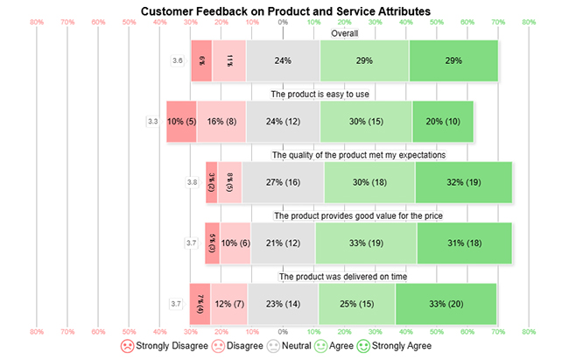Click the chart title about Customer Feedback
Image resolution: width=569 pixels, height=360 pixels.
(285, 10)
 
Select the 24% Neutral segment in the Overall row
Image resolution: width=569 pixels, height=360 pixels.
(283, 61)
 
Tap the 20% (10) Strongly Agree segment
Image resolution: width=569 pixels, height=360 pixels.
(443, 121)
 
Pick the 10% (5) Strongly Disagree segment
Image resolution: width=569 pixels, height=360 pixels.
(181, 121)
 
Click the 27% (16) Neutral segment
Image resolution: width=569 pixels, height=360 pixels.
(283, 182)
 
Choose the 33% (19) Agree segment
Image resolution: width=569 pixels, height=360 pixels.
(366, 243)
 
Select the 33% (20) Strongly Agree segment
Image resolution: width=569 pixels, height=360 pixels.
(446, 303)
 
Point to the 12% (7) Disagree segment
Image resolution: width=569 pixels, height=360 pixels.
(229, 303)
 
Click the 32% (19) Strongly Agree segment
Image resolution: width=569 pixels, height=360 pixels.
(464, 182)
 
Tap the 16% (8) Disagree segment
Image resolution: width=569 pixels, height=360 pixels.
(221, 121)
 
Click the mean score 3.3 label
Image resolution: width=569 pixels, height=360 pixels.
(152, 121)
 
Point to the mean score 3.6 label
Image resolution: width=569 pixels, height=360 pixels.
(178, 61)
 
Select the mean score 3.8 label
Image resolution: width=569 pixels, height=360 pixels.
(193, 182)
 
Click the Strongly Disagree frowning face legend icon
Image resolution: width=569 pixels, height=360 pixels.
(128, 346)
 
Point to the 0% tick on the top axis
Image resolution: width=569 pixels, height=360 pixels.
(283, 22)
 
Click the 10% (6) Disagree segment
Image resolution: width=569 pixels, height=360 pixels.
(235, 243)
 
